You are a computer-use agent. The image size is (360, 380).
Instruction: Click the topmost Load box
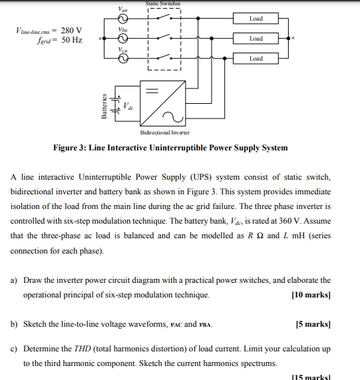(x=256, y=19)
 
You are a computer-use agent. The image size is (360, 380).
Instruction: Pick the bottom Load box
(x=256, y=59)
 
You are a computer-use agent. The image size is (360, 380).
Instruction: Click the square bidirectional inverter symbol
(x=162, y=104)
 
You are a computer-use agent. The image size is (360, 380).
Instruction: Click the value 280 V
(x=71, y=31)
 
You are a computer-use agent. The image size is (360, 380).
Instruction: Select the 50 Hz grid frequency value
(x=71, y=41)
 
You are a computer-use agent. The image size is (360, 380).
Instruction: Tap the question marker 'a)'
(x=14, y=280)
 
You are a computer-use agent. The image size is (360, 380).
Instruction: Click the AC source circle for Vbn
(x=122, y=39)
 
